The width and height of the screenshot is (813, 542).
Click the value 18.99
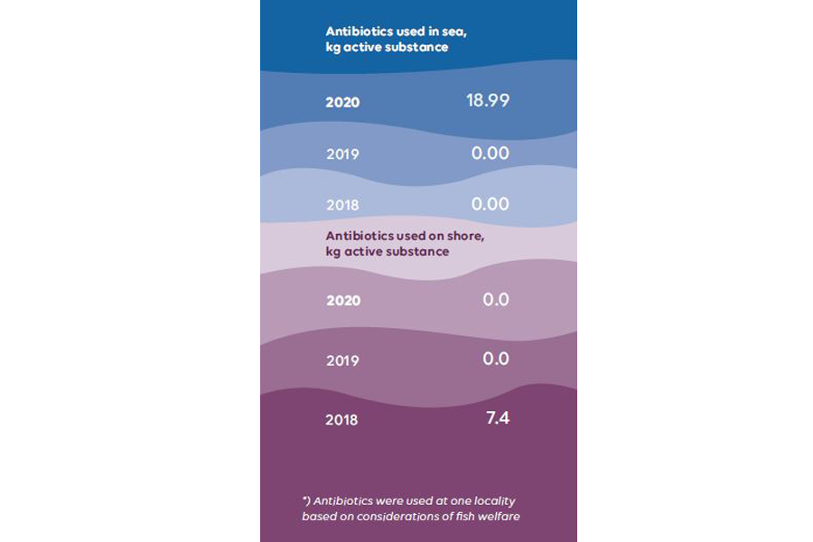[x=488, y=100]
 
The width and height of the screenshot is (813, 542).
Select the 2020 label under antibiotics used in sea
[x=342, y=102]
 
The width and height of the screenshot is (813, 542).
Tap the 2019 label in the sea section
[x=342, y=154]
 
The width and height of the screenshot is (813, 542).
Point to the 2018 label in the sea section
[x=342, y=205]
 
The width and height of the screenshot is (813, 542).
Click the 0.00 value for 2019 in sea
[x=491, y=153]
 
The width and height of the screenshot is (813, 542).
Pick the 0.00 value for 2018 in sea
[x=491, y=204]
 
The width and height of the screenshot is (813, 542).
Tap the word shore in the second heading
[x=466, y=237]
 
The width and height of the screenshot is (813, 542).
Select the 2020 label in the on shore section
[x=342, y=301]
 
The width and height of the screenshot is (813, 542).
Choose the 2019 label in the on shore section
[x=342, y=360]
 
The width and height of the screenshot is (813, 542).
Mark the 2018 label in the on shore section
[x=342, y=420]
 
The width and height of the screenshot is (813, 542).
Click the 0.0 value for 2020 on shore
[x=496, y=299]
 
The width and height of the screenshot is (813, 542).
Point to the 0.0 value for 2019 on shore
[x=496, y=359]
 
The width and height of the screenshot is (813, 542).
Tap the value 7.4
[x=498, y=417]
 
